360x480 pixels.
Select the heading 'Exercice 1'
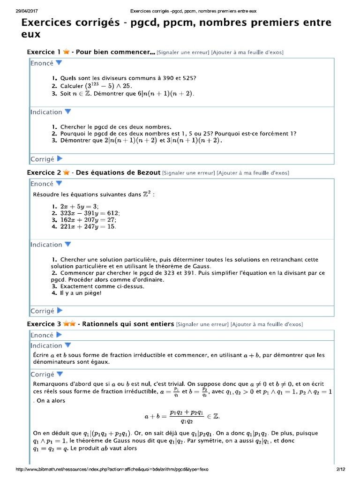click(x=44, y=52)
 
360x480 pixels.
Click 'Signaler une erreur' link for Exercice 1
click(x=183, y=52)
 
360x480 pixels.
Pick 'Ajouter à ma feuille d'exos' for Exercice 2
click(x=253, y=173)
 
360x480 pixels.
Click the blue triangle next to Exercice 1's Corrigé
click(x=60, y=159)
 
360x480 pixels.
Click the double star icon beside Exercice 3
click(x=69, y=324)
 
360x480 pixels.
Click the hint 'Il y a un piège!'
click(x=80, y=293)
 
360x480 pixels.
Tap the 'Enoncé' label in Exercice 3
click(x=42, y=335)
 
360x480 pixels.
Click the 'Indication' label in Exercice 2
click(x=46, y=245)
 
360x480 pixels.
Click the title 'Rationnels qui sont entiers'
click(x=128, y=324)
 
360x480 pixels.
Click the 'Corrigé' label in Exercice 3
click(x=43, y=375)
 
